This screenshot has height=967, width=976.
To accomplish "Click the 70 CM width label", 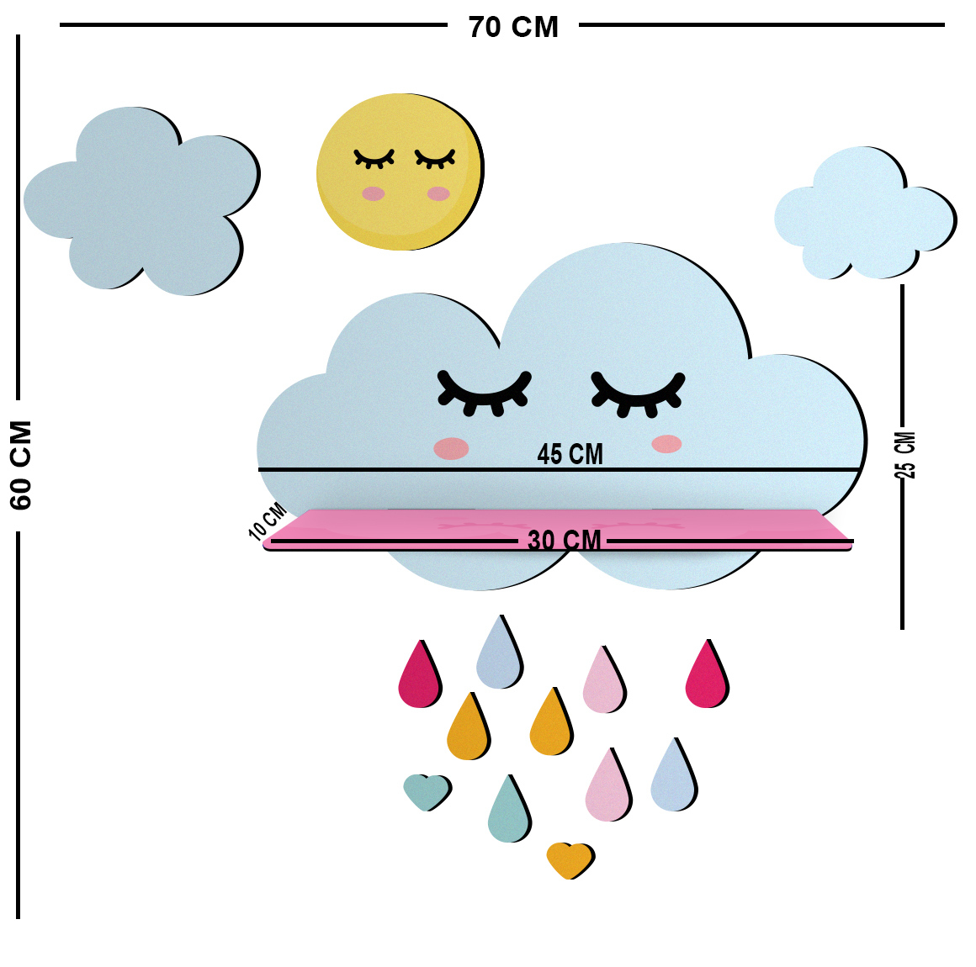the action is tap(513, 28).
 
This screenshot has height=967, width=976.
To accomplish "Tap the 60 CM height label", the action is tap(21, 465).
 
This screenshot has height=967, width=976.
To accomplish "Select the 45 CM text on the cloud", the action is tap(570, 454).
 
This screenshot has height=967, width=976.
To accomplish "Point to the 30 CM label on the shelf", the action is tap(564, 540).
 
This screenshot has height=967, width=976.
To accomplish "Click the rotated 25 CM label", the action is tap(905, 455).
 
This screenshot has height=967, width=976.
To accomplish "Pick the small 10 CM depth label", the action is tap(268, 520).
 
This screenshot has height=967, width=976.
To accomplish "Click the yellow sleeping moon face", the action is tap(400, 172).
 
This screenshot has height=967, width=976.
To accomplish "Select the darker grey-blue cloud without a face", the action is tap(142, 200).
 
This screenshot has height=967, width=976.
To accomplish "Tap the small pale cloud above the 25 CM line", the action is tap(865, 214).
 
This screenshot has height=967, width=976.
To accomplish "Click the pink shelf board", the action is tap(558, 530).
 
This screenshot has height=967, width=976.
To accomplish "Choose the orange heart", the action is tap(570, 860).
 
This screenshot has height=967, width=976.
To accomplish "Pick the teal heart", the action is tap(427, 791).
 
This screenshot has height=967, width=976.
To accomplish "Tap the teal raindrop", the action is tap(510, 811).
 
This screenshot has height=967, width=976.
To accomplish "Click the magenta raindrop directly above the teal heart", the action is tap(420, 675).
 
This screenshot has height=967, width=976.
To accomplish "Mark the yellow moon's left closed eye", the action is tap(374, 159).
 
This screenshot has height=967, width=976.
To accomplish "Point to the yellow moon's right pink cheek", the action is tap(438, 193).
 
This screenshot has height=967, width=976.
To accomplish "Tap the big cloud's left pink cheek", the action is tap(451, 448).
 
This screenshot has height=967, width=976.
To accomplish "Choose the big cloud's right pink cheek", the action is tap(666, 444).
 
